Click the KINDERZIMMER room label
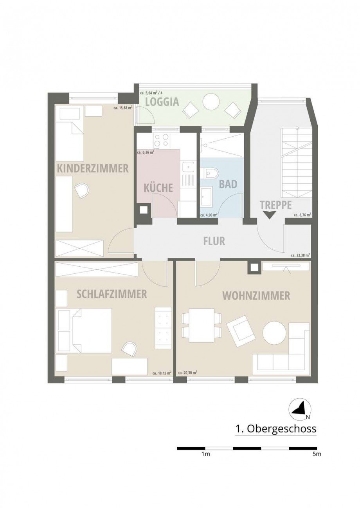(93, 168)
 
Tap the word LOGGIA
(162, 102)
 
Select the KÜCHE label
(158, 188)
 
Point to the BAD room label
(228, 184)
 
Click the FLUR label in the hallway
(214, 241)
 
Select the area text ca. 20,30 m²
(187, 373)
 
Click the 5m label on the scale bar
(317, 454)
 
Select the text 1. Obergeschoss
(275, 429)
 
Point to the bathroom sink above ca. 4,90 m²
(206, 196)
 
